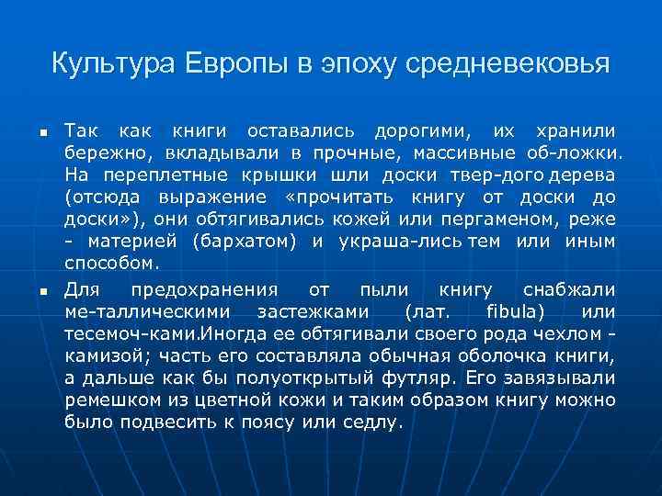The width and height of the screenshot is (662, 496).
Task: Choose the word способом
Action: click(x=111, y=263)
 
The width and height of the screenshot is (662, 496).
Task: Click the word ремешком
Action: click(x=106, y=400)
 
